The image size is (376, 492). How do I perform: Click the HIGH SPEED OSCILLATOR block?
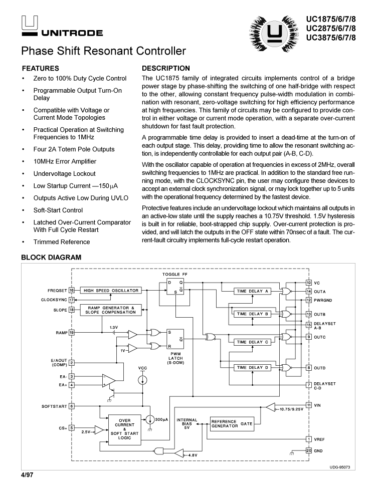tap(110, 290)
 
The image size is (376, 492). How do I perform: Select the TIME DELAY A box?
tap(253, 291)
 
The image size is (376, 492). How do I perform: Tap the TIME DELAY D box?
tap(253, 368)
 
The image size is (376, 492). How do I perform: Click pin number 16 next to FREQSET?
tap(72, 290)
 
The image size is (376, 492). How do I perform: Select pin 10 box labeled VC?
tap(309, 283)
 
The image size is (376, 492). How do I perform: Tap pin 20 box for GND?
tap(309, 450)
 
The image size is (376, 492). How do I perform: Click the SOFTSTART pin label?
tap(54, 406)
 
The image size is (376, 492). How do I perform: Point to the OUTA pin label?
tap(320, 291)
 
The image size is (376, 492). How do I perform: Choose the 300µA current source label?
tap(161, 419)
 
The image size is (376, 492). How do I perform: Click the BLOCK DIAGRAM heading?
tap(51, 258)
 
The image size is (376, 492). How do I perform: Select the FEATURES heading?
tap(41, 68)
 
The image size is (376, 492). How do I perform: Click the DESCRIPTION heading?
tap(166, 68)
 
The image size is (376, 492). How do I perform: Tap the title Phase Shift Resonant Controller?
tap(103, 51)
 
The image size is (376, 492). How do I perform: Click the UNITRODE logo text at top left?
tap(72, 33)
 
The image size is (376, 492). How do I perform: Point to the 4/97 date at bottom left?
tap(27, 473)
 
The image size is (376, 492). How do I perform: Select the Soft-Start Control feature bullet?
tap(58, 210)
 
